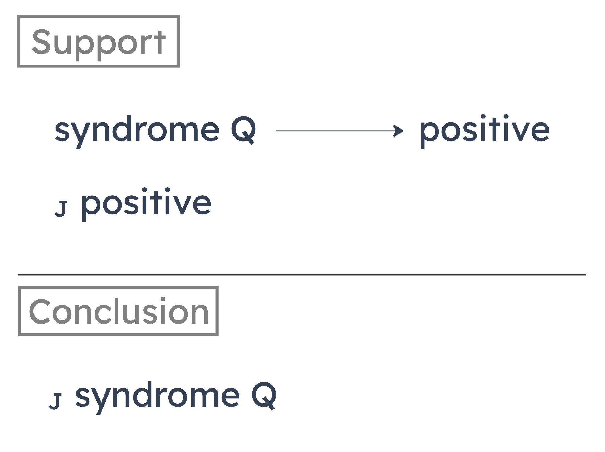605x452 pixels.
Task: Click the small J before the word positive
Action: (61, 209)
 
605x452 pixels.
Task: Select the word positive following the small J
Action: (146, 204)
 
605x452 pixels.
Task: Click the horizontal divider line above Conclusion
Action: (302, 274)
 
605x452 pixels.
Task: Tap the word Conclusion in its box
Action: (118, 311)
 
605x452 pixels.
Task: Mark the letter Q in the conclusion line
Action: (264, 396)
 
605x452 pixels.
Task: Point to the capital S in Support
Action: (41, 42)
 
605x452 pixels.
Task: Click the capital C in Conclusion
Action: (40, 311)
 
